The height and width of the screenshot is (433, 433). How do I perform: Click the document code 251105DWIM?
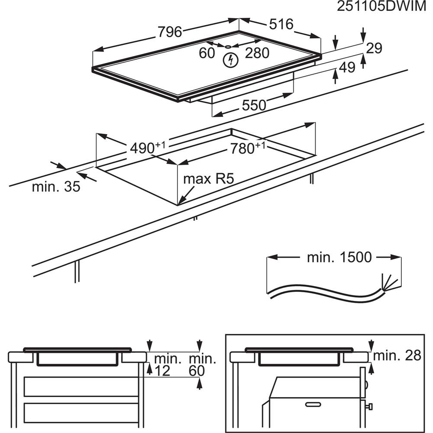pyautogui.click(x=383, y=8)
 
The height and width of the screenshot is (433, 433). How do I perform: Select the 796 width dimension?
pyautogui.click(x=169, y=31)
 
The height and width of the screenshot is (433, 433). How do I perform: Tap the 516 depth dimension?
pyautogui.click(x=281, y=24)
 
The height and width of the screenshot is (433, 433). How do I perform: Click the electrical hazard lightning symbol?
pyautogui.click(x=231, y=60)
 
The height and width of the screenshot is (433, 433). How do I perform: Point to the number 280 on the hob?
pyautogui.click(x=257, y=53)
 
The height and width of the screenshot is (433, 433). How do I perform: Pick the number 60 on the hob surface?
pyautogui.click(x=207, y=53)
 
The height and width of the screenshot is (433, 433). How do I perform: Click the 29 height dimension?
pyautogui.click(x=374, y=48)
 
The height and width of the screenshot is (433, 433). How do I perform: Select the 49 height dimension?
pyautogui.click(x=347, y=67)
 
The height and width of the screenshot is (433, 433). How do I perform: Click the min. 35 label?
pyautogui.click(x=56, y=187)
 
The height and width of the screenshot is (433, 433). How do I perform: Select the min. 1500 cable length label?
pyautogui.click(x=339, y=257)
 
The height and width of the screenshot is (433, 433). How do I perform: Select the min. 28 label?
pyautogui.click(x=397, y=355)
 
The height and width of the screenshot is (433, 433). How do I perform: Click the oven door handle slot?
pyautogui.click(x=314, y=404)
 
